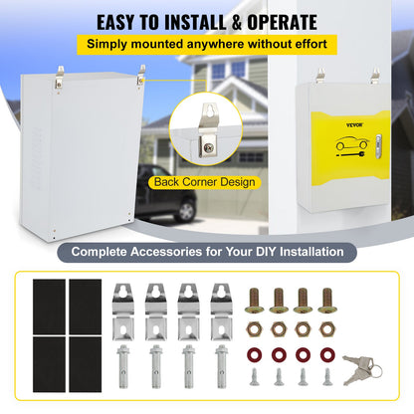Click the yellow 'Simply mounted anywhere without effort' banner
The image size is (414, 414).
tap(206, 45)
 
